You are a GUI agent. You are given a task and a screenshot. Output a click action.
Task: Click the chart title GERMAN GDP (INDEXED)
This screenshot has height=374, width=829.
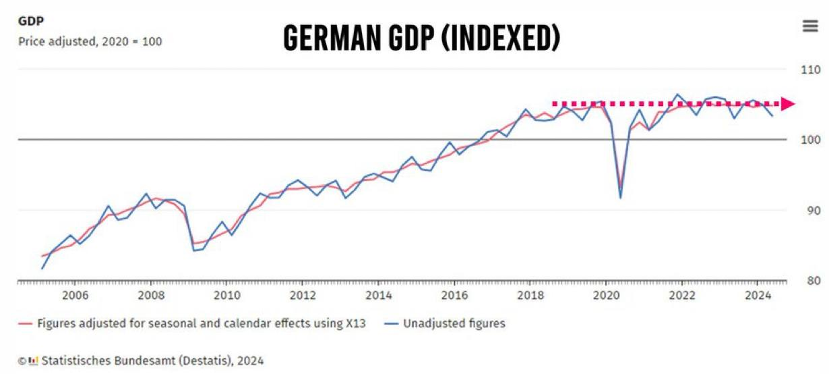[421, 38]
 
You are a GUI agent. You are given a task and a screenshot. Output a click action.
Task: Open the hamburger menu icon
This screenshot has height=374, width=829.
[809, 26]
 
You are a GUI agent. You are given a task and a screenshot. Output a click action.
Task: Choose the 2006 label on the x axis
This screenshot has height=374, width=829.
[75, 295]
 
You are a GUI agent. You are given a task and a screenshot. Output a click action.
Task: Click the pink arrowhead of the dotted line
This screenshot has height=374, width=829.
[788, 104]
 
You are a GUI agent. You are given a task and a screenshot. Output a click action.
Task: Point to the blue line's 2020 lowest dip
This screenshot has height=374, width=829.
[620, 197]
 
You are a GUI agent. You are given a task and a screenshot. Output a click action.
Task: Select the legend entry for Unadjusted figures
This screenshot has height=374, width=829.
[446, 323]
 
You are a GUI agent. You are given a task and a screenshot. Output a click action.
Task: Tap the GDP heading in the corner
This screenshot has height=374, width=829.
[31, 21]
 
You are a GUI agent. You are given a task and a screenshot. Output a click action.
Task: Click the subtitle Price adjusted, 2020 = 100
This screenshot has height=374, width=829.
[90, 41]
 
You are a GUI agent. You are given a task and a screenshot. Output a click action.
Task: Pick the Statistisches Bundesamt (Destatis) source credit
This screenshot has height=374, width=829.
[152, 360]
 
